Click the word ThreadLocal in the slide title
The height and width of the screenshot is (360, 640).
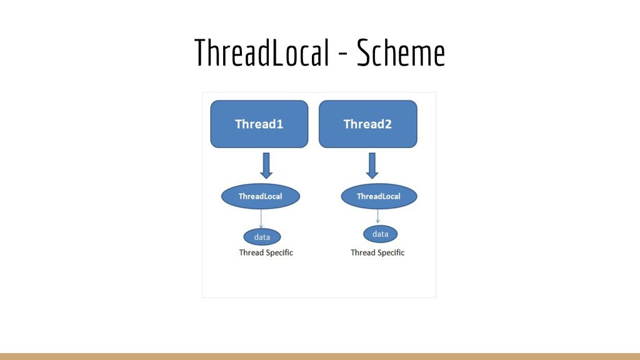coord(262,54)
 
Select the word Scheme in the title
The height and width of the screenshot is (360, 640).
coord(401,54)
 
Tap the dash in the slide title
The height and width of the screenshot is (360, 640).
coord(343,55)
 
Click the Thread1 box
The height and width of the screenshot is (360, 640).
coord(259,124)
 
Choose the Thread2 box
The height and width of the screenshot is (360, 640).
coord(367,124)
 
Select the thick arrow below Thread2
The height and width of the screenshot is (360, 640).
coord(372,166)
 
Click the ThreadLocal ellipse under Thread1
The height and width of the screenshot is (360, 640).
coord(260,196)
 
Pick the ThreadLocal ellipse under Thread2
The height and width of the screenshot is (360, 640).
coord(378,196)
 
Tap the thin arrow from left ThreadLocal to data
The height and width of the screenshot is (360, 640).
coord(261,218)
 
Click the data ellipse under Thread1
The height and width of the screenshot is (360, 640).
coord(262,237)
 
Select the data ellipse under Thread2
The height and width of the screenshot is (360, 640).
coord(380,234)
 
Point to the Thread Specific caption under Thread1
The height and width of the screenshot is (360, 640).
coord(266,252)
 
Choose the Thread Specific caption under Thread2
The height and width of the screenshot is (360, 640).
coord(377,252)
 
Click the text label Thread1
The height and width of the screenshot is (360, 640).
coord(259,124)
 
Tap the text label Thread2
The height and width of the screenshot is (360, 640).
coord(367,124)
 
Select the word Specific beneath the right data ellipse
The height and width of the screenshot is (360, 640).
coord(390,252)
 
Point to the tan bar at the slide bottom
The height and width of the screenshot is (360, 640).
coord(320,356)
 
